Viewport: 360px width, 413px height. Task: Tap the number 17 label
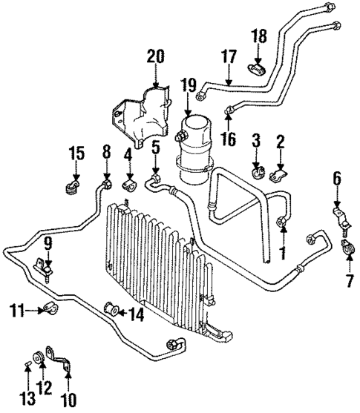(x=228, y=56)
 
